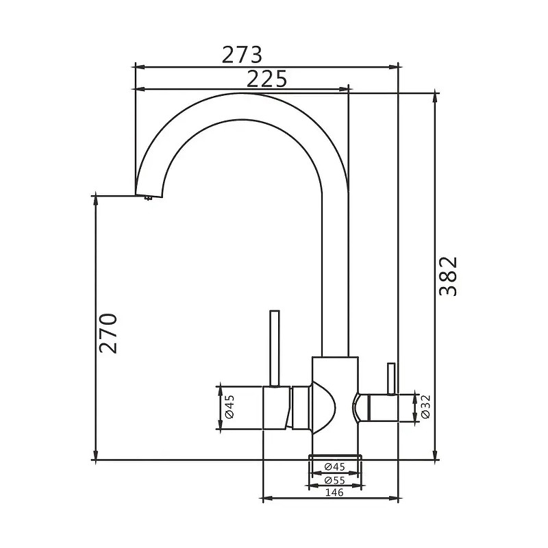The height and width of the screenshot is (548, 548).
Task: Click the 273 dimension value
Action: (x=242, y=55)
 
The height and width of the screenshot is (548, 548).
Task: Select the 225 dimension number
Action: (x=266, y=79)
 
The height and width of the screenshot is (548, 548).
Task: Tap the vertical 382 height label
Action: (x=448, y=277)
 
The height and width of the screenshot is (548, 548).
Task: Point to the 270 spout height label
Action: (x=108, y=334)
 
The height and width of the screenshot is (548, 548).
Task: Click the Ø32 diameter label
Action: (x=425, y=407)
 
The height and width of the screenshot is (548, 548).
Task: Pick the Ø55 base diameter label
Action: (x=334, y=480)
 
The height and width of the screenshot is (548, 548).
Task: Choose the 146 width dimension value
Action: (x=334, y=493)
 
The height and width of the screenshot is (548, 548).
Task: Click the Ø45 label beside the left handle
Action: (x=230, y=407)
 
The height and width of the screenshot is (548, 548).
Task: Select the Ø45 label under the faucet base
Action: (x=334, y=466)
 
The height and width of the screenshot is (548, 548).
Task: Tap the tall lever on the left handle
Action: (x=275, y=349)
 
